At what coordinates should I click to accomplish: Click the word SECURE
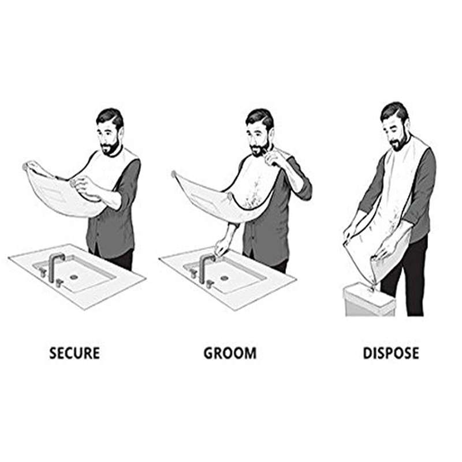tap(74, 353)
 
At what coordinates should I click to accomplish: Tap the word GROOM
tap(230, 353)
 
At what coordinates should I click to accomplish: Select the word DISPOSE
tap(390, 353)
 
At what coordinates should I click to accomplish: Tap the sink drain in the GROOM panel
tap(224, 278)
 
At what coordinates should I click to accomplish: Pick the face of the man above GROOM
tap(258, 136)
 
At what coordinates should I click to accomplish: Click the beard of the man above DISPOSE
tap(399, 143)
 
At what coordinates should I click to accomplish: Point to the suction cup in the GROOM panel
tap(174, 173)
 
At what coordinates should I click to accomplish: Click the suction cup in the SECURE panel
tap(25, 166)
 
